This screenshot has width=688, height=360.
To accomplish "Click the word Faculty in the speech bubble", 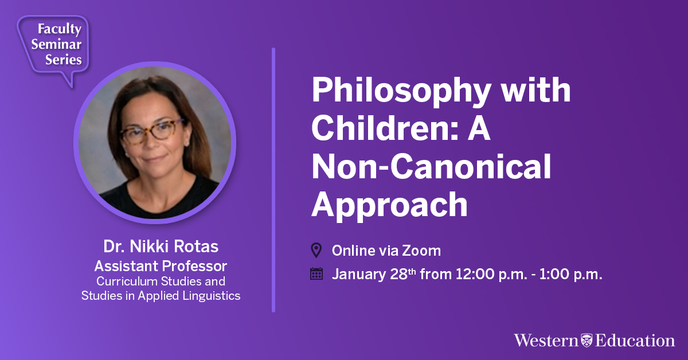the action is (60, 29).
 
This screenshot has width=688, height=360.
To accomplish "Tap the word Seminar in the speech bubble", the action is (57, 44).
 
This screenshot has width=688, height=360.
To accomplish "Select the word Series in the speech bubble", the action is (64, 59).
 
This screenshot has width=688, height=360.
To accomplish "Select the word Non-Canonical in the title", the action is (432, 166).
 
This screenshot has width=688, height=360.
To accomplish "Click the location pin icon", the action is (316, 251).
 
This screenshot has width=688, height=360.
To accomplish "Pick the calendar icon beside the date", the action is (316, 273).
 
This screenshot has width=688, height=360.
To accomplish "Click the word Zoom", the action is (421, 251).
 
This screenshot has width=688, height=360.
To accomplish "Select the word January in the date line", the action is (359, 274).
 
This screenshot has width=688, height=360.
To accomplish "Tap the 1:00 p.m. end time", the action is (570, 274).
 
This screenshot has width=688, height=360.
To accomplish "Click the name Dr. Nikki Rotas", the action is (161, 246).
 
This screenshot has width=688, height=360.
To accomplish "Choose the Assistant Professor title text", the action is (161, 266).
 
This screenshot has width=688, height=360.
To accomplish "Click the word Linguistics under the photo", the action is (212, 295).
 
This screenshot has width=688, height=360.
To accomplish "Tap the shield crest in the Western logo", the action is (587, 341).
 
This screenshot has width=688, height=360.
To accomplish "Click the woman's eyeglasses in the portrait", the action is (152, 132).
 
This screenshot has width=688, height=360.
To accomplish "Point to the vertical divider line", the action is (273, 180).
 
